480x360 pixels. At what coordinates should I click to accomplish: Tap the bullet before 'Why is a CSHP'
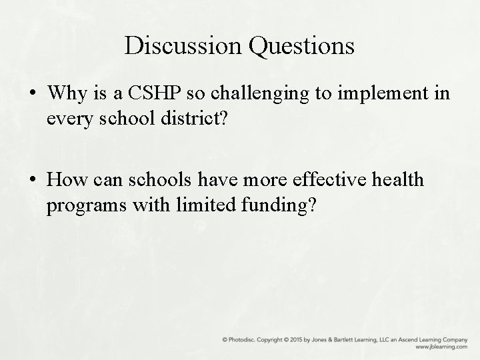pyautogui.click(x=32, y=94)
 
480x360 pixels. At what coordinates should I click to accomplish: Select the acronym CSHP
pyautogui.click(x=151, y=93)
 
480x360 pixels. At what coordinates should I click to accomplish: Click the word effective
pyautogui.click(x=323, y=180)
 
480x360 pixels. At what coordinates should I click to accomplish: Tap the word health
pyautogui.click(x=397, y=180)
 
